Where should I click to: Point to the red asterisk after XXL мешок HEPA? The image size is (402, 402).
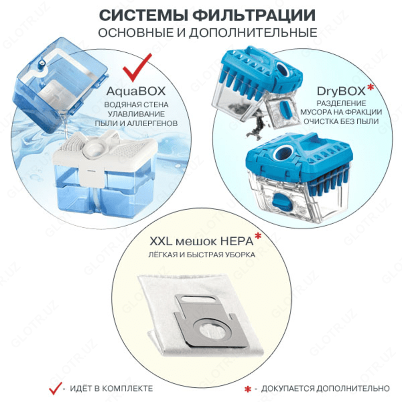pyautogui.click(x=258, y=237)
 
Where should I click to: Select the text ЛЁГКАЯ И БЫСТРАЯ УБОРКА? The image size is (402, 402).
pyautogui.click(x=201, y=255)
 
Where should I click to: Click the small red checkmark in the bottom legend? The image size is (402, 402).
pyautogui.click(x=53, y=388)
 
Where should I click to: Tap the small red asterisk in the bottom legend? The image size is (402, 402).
pyautogui.click(x=247, y=389)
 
